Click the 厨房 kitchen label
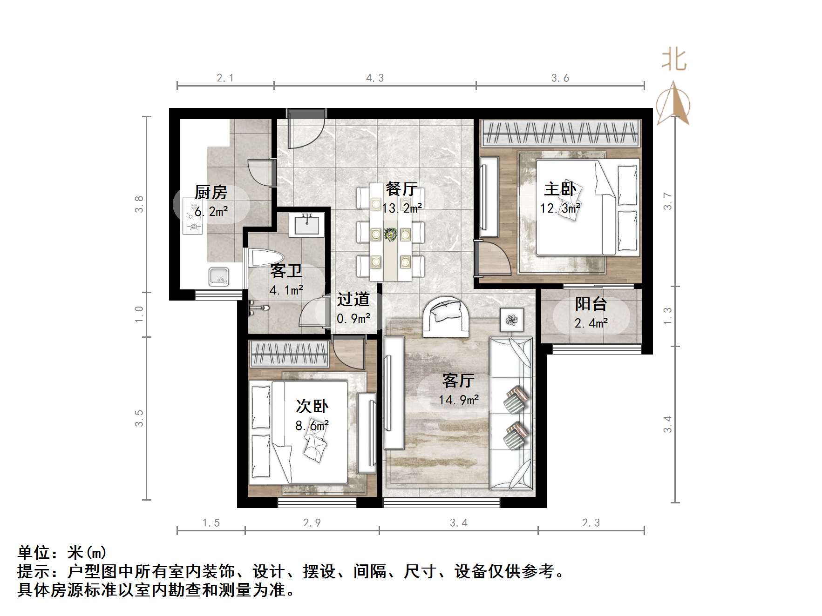point(211,192)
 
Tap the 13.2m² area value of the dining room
point(402,208)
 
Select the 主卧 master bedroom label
point(560,189)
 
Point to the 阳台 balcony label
point(591,304)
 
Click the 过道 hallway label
point(353,299)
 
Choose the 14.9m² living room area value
point(458,400)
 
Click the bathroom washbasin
point(307,225)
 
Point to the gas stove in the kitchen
point(192,215)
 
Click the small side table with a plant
point(512,320)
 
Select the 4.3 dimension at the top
point(374,78)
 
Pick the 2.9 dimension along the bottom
point(312,523)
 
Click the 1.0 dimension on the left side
point(139,315)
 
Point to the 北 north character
point(673,60)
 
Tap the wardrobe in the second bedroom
point(290,354)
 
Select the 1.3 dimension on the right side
point(667,316)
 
